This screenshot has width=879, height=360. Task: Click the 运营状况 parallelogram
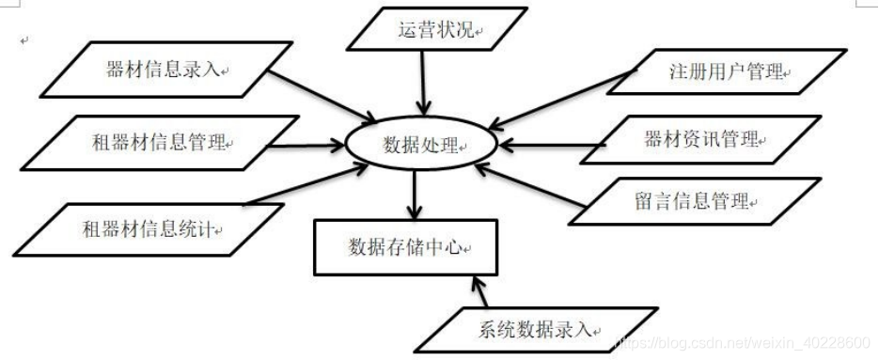click(433, 30)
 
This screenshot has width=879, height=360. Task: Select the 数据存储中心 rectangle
click(406, 247)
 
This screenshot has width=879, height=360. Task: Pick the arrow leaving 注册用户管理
click(564, 98)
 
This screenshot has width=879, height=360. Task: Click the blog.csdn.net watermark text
click(744, 334)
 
